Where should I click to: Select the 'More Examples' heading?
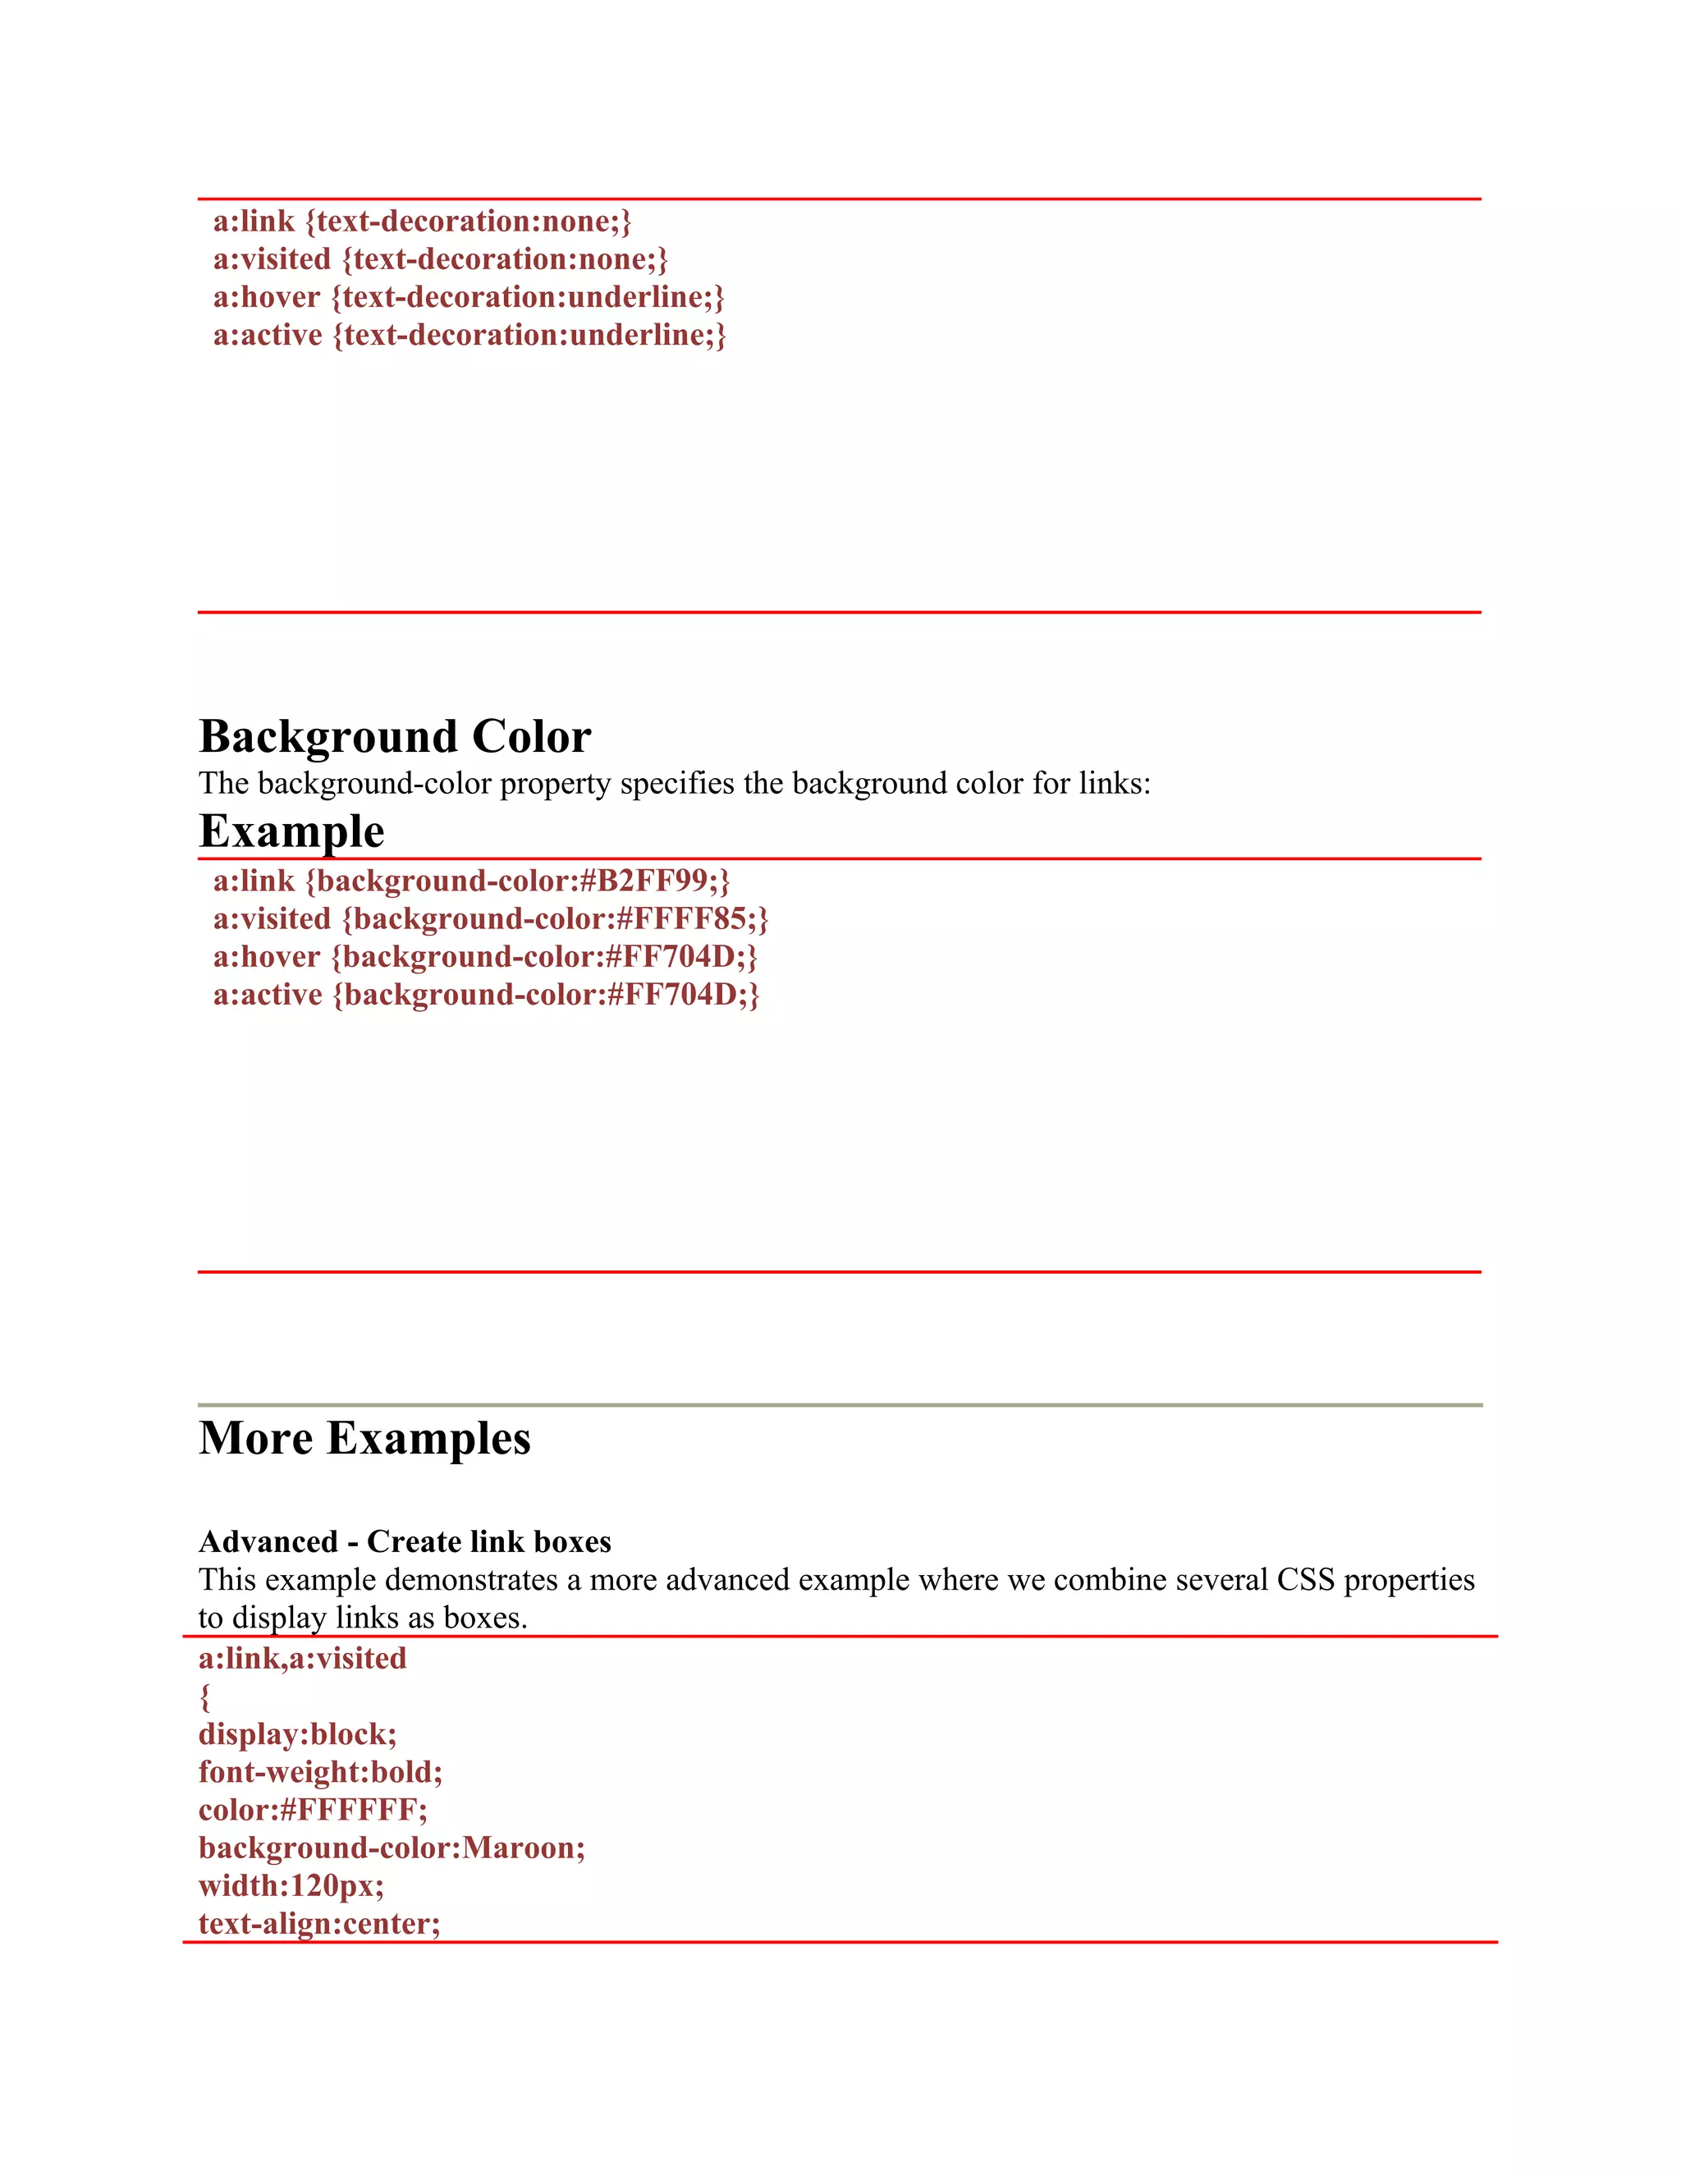[364, 1439]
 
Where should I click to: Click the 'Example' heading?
[291, 831]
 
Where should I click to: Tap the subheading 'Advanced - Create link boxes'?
[405, 1541]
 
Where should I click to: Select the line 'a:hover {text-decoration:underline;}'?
[468, 298]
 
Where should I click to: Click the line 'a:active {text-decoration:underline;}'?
[469, 336]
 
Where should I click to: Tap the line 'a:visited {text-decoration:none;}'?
[440, 260]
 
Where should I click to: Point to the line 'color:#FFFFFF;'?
[313, 1810]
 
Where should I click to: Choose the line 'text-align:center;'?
[319, 1923]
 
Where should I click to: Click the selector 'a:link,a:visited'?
[303, 1658]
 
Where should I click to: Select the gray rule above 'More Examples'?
[840, 1404]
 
